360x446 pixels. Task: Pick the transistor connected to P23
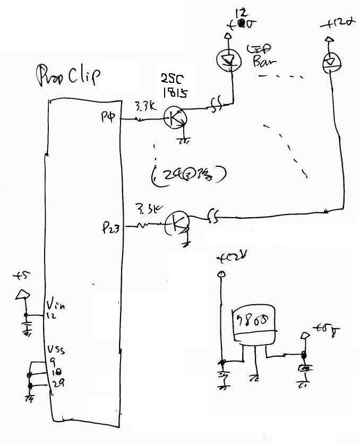176,225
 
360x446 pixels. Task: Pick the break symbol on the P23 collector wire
213,217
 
